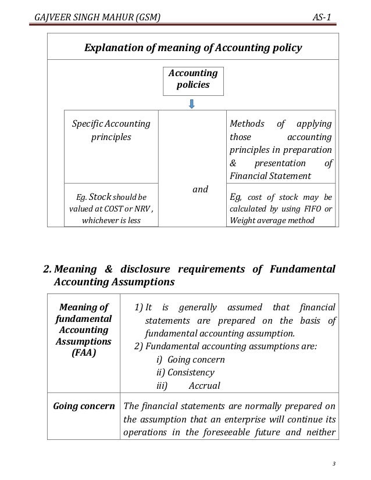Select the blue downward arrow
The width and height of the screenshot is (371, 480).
[192, 103]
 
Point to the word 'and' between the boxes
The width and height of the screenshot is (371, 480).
[200, 188]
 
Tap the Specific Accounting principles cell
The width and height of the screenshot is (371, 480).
[110, 131]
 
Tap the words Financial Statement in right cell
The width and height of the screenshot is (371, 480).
[270, 175]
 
